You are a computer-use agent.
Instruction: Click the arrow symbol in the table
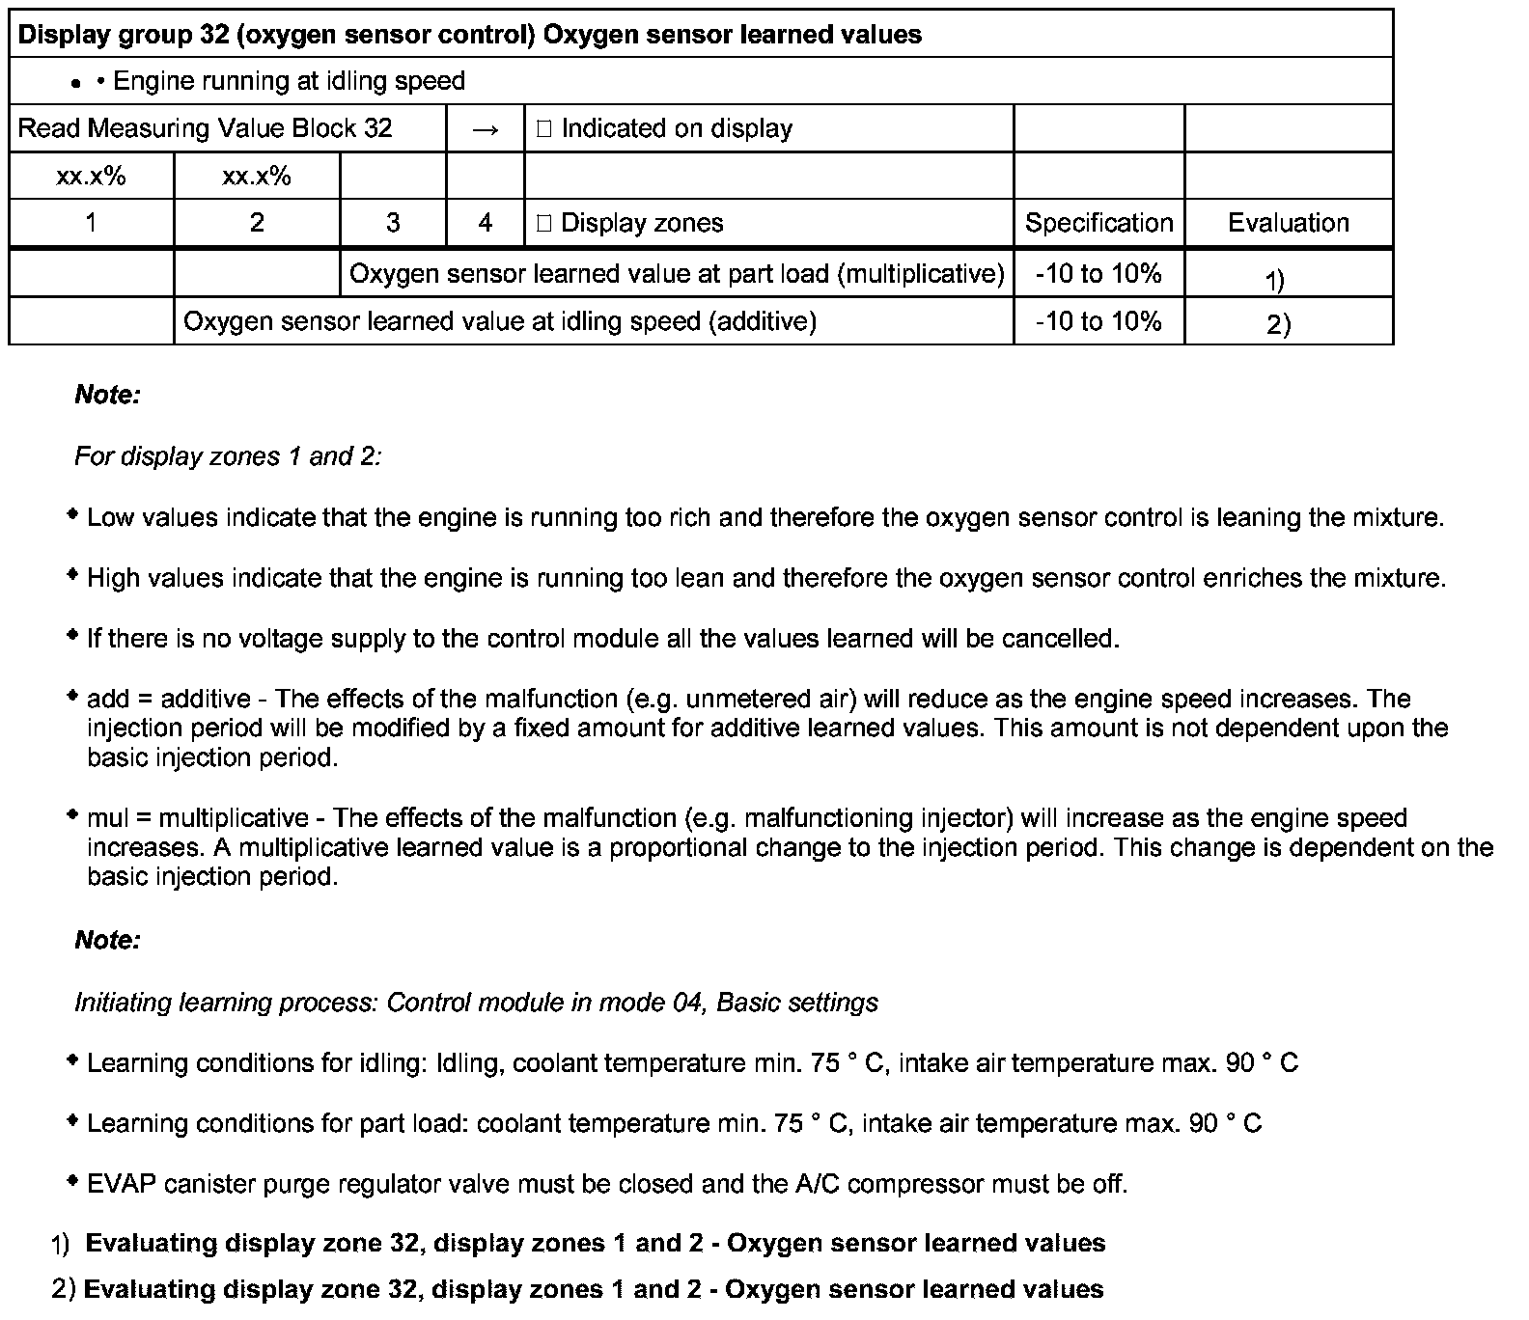486,129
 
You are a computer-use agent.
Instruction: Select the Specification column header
1098,223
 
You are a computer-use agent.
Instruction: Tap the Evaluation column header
1288,223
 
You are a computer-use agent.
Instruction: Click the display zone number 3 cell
393,223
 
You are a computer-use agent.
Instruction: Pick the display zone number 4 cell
486,223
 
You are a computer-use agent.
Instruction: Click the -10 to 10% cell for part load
1098,274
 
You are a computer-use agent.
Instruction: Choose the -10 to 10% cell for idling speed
1098,321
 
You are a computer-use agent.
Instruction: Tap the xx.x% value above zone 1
91,177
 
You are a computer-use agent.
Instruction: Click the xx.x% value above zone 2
257,177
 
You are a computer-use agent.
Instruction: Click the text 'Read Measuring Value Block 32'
206,129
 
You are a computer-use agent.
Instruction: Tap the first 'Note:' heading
107,395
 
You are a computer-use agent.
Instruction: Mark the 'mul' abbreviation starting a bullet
107,818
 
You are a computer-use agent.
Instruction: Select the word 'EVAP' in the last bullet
122,1184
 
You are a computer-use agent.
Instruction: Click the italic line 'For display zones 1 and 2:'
228,456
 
